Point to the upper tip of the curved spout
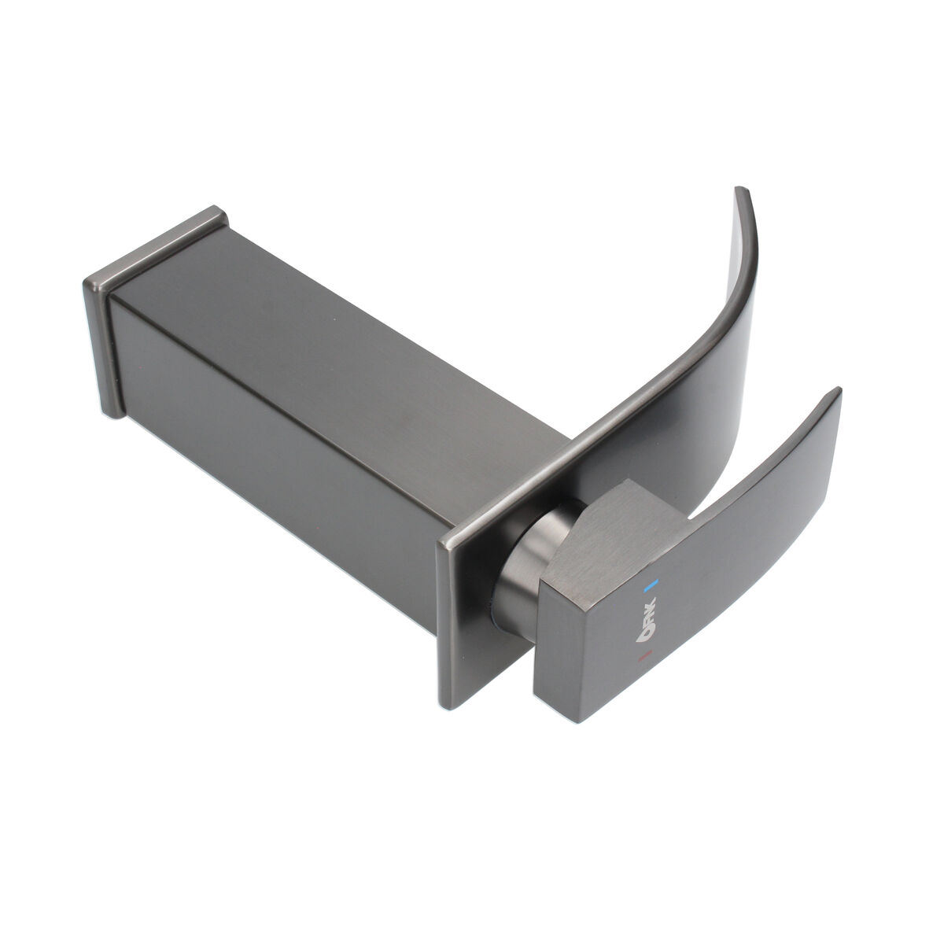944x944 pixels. click(x=742, y=191)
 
